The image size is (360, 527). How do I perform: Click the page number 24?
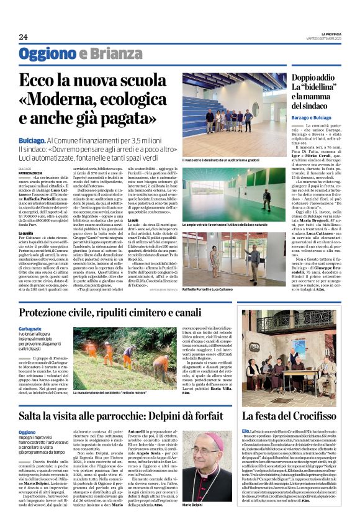pos(23,36)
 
